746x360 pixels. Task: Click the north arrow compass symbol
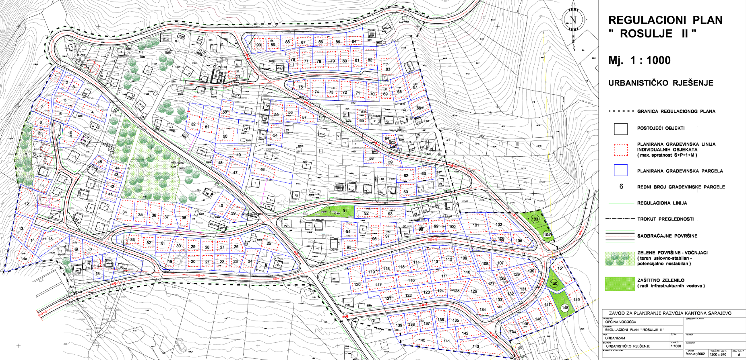[x=573, y=20]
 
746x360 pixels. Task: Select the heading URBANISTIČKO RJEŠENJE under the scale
[x=661, y=83]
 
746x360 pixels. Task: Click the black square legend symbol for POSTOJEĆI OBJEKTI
[x=620, y=128]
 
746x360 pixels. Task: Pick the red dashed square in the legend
[x=620, y=149]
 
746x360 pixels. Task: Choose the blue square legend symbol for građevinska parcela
[x=620, y=170]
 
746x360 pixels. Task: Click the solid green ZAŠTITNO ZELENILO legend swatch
[x=620, y=283]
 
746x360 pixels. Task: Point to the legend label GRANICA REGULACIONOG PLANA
[x=676, y=111]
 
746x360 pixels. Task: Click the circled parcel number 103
[x=535, y=219]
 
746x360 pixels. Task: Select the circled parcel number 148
[x=565, y=308]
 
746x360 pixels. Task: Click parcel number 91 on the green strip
[x=345, y=211]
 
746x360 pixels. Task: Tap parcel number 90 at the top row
[x=258, y=45]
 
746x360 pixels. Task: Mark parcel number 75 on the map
[x=300, y=87]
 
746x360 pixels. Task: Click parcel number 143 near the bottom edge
[x=476, y=346]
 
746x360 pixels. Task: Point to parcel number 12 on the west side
[x=27, y=204]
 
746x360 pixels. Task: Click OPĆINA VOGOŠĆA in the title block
[x=620, y=322]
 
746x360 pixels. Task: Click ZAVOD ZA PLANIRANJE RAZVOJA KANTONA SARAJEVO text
[x=670, y=313]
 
